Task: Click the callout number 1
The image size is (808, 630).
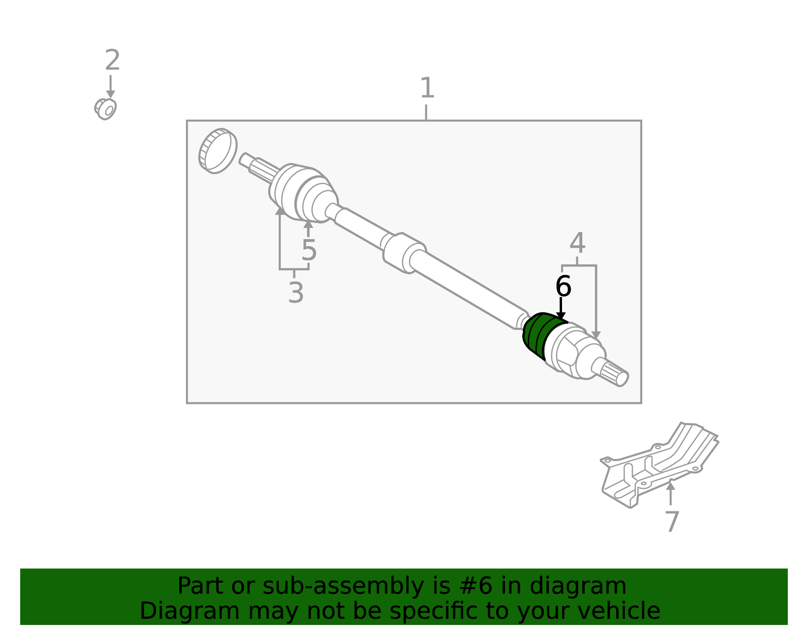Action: point(427,88)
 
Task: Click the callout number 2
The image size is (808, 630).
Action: point(112,60)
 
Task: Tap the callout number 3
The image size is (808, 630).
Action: point(296,293)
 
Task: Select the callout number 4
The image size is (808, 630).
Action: point(577,243)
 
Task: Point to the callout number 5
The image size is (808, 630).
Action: point(309,250)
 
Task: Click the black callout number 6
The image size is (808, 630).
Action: point(563,286)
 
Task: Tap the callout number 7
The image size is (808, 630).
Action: point(672,522)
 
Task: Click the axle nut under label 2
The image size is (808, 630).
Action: point(106,109)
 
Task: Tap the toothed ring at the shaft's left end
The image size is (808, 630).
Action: point(218,151)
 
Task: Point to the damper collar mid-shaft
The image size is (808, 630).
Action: point(404,253)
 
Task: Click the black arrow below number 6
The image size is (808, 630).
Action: point(561,308)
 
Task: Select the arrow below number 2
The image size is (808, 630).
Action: point(111,86)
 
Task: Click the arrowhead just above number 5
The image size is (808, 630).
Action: point(308,224)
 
